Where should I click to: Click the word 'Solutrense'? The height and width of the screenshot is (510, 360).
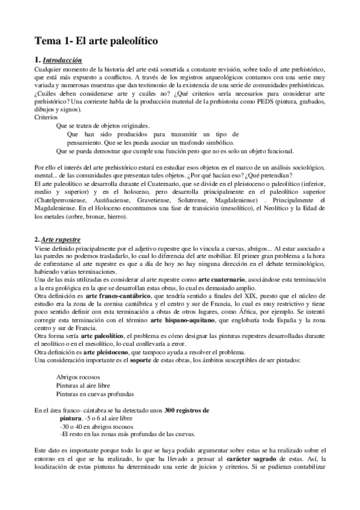tap(215, 199)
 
